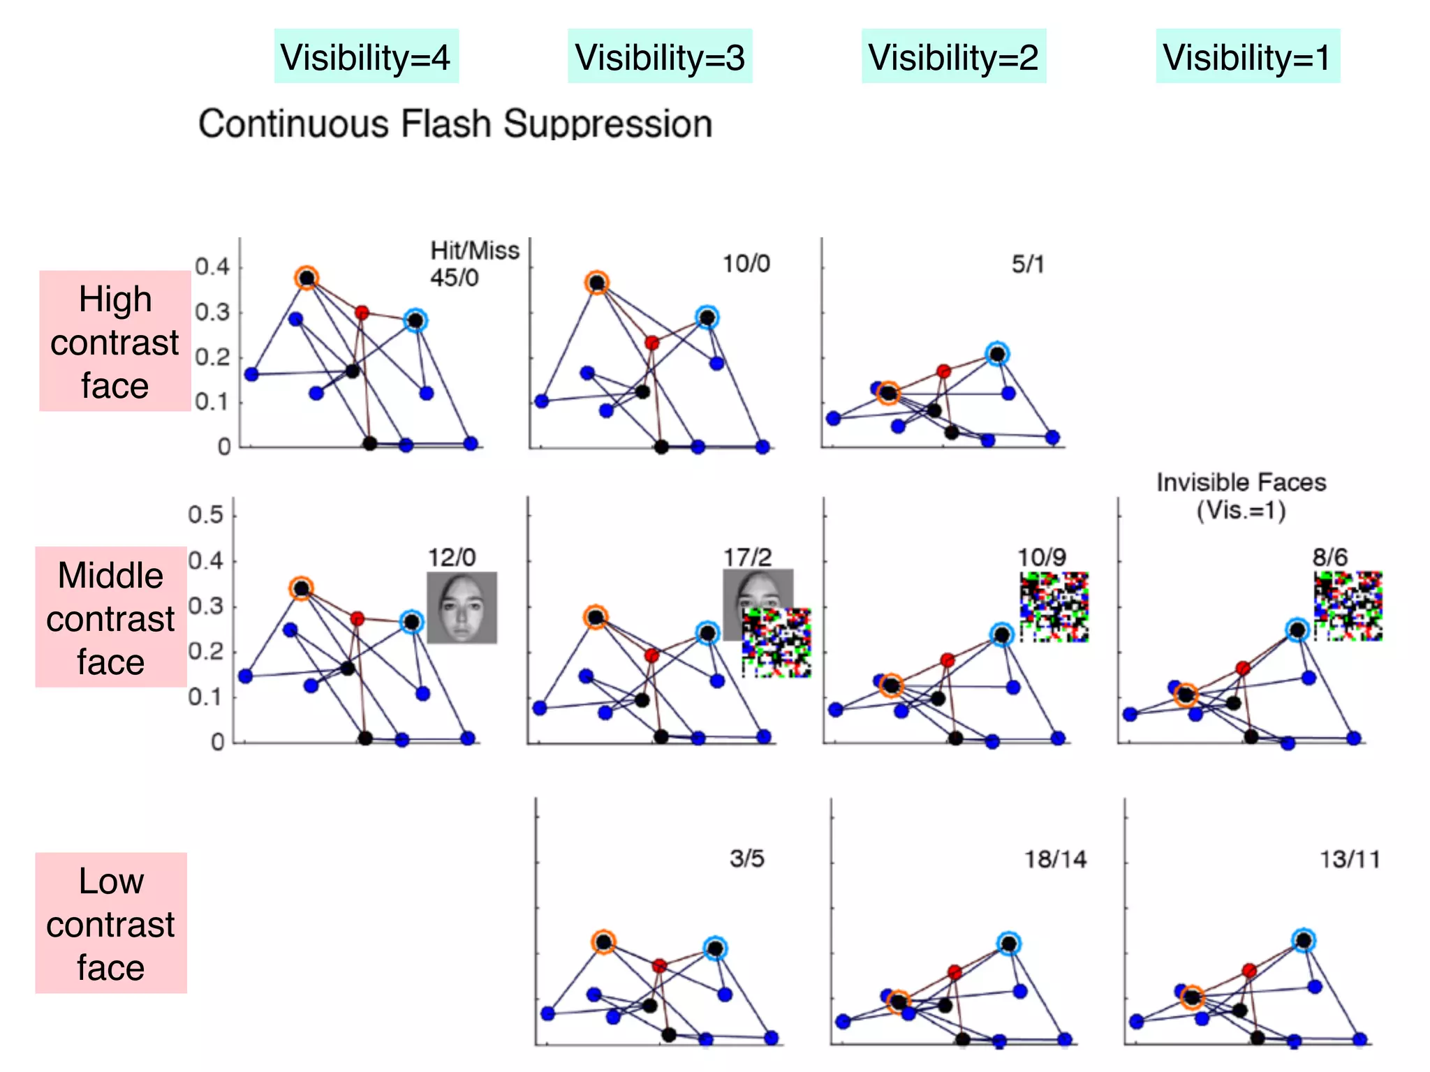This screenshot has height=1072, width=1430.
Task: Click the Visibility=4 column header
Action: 366,57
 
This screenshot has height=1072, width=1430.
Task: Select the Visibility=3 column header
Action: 660,57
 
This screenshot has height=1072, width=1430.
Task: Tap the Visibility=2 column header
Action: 954,57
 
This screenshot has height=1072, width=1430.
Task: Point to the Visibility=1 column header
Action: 1248,57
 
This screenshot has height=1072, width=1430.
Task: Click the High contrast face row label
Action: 115,341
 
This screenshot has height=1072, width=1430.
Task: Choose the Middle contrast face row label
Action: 110,618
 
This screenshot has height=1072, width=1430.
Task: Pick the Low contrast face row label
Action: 110,923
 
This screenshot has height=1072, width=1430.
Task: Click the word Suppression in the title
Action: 607,124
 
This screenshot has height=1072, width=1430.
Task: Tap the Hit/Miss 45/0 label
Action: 473,264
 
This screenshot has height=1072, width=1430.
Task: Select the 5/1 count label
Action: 1028,265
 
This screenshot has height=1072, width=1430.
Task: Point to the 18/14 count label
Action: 1055,859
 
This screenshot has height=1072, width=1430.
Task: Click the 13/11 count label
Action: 1349,859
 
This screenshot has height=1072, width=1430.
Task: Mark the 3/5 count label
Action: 746,858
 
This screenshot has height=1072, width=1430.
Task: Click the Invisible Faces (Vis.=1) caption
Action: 1241,496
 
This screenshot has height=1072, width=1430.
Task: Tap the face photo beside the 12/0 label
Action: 462,607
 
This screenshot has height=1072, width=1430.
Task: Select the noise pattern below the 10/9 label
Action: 1054,606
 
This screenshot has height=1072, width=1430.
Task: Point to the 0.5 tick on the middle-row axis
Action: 205,515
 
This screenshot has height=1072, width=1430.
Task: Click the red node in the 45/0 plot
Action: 361,313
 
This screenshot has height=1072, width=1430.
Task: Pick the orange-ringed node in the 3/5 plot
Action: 603,942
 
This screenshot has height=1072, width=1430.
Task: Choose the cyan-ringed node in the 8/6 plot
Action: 1297,630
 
